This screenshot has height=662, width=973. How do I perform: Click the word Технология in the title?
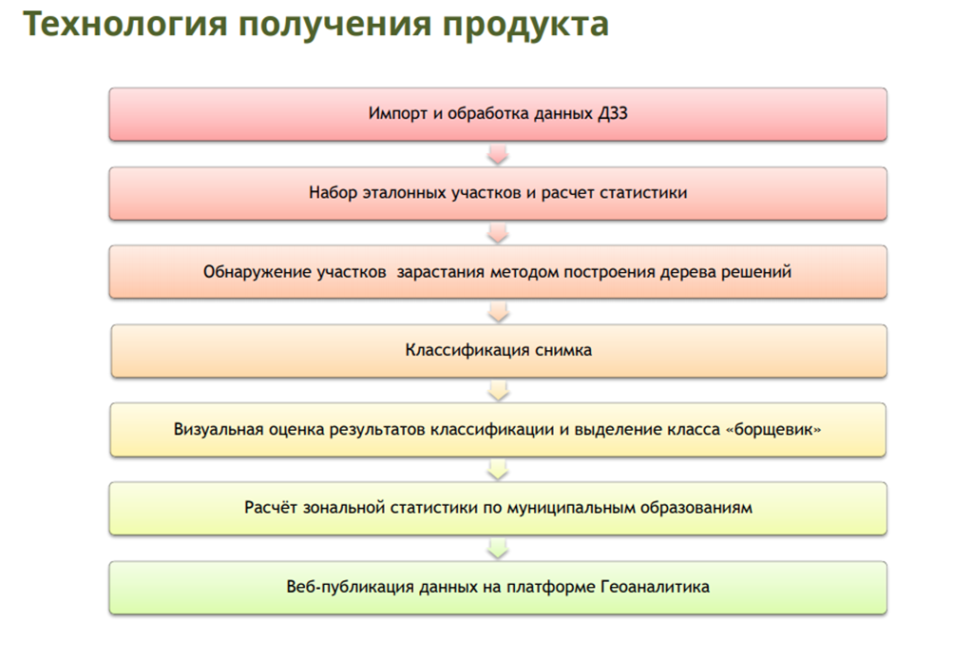pyautogui.click(x=124, y=25)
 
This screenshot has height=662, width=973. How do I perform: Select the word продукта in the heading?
pyautogui.click(x=525, y=26)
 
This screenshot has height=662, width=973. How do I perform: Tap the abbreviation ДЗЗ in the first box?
pyautogui.click(x=613, y=113)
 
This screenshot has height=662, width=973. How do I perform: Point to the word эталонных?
pyautogui.click(x=404, y=193)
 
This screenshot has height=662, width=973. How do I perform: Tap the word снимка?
pyautogui.click(x=563, y=350)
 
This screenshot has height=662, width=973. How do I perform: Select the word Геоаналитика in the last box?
pyautogui.click(x=655, y=587)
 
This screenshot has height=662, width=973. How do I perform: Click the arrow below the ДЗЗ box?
pyautogui.click(x=498, y=154)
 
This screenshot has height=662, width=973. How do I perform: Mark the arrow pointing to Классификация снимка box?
pyautogui.click(x=498, y=312)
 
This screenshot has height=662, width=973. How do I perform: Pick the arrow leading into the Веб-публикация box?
pyautogui.click(x=498, y=549)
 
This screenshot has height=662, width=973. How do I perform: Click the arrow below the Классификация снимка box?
pyautogui.click(x=498, y=391)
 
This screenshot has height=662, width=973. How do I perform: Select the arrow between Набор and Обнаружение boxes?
pyautogui.click(x=498, y=233)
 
